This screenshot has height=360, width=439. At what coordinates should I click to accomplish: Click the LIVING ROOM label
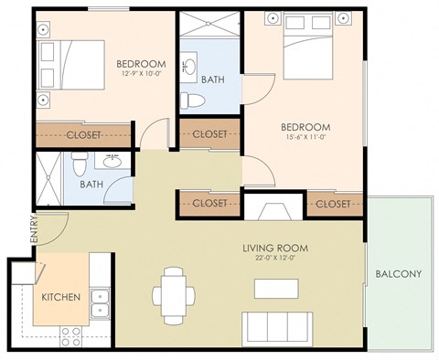[274, 248]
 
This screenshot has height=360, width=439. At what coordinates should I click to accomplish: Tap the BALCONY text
[398, 273]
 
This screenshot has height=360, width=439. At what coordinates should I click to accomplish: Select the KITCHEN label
[60, 297]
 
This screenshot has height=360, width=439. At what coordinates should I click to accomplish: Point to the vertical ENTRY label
[34, 229]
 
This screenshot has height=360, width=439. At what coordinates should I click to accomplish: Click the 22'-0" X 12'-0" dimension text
[274, 259]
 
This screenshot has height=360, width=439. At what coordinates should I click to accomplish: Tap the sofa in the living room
[277, 325]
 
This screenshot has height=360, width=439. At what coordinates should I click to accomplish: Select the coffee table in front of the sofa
[277, 288]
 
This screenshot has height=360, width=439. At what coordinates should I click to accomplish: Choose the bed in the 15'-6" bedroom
[304, 55]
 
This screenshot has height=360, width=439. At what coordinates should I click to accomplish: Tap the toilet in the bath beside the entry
[80, 166]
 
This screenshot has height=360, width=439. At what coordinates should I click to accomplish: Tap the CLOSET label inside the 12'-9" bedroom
[83, 134]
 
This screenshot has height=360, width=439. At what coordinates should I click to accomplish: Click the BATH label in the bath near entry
[91, 184]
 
